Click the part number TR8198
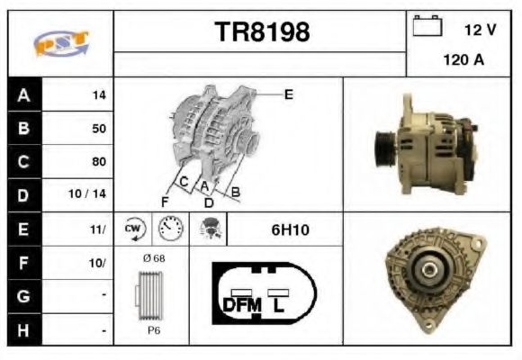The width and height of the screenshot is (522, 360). pyautogui.click(x=262, y=32)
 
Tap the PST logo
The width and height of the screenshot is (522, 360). pyautogui.click(x=59, y=43)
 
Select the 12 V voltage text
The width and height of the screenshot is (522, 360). pyautogui.click(x=480, y=30)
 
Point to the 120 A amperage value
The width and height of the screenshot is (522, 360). pyautogui.click(x=463, y=62)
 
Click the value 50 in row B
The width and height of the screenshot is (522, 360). pyautogui.click(x=98, y=129)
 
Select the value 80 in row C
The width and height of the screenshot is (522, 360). pyautogui.click(x=98, y=162)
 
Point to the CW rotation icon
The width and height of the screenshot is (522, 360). pyautogui.click(x=134, y=229)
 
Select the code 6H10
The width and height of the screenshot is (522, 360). pyautogui.click(x=290, y=230)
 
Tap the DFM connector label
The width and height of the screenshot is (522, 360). pyautogui.click(x=242, y=304)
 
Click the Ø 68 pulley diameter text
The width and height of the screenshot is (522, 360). pyautogui.click(x=154, y=258)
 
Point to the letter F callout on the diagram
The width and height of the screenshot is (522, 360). pyautogui.click(x=165, y=200)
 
